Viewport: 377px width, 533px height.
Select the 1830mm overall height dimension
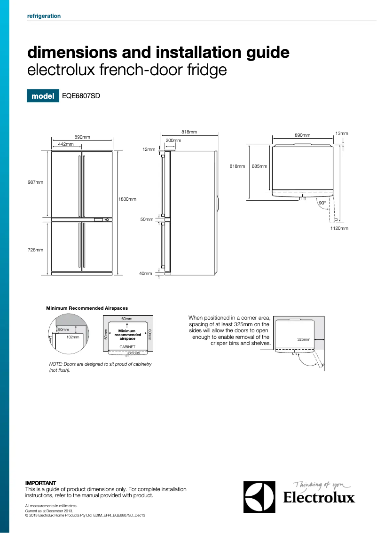point(127,199)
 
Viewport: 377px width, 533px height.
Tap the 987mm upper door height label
point(35,182)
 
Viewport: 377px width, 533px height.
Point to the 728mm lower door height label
point(35,250)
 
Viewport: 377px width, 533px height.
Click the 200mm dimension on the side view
point(173,141)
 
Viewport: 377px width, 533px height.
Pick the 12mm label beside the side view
point(149,149)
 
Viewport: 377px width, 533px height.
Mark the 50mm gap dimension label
point(147,219)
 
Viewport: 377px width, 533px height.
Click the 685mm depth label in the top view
point(259,166)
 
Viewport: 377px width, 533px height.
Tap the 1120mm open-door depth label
point(339,228)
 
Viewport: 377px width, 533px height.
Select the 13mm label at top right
point(342,133)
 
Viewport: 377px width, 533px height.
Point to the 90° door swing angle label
point(322,203)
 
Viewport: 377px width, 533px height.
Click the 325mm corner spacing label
point(304,339)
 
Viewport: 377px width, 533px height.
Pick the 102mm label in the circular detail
point(72,337)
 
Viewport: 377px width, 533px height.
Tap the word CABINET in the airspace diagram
point(127,346)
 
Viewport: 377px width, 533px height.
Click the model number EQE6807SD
point(81,96)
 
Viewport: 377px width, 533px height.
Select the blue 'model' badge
point(43,96)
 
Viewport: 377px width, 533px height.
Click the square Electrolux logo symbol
point(259,497)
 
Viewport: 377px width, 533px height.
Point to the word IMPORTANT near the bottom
point(40,483)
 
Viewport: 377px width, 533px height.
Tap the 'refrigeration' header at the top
point(44,16)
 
